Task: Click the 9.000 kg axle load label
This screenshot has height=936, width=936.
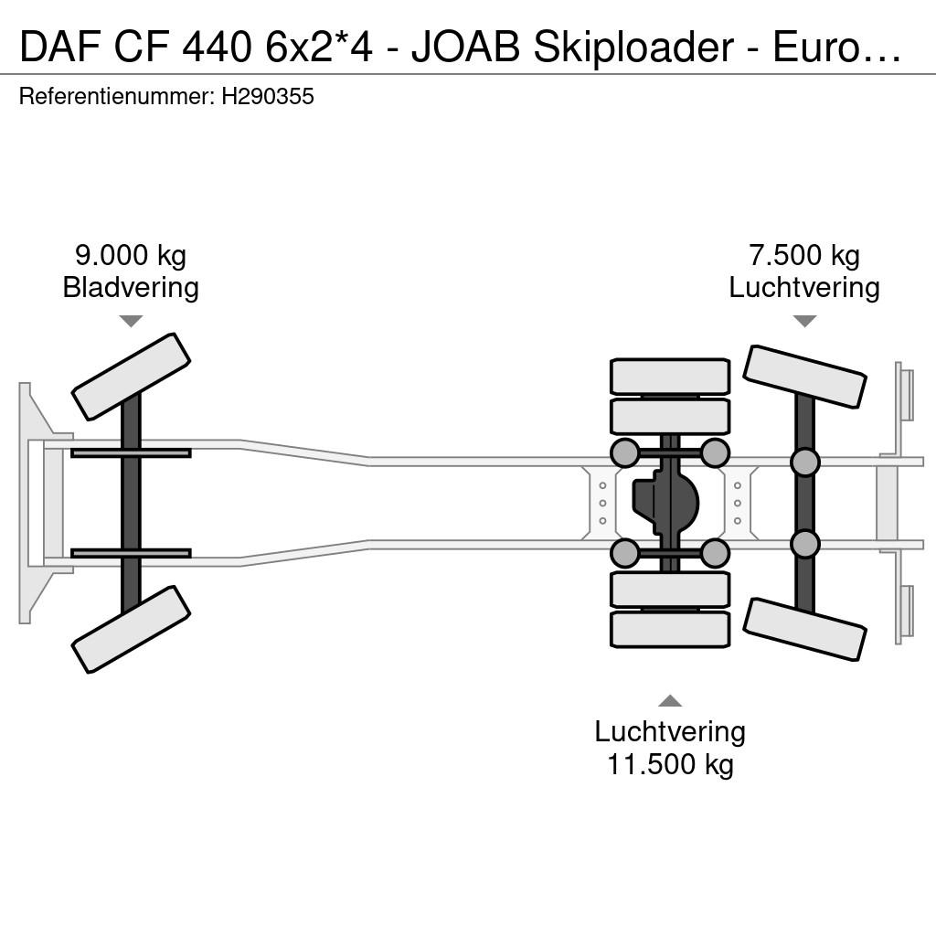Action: pyautogui.click(x=131, y=256)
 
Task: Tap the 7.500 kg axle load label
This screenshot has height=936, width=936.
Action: pyautogui.click(x=804, y=256)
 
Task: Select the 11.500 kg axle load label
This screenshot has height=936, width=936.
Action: pyautogui.click(x=670, y=764)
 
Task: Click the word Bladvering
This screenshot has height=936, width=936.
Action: pyautogui.click(x=131, y=287)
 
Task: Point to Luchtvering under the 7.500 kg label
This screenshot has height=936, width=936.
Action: pyautogui.click(x=804, y=287)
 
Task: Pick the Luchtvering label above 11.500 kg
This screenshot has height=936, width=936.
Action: pyautogui.click(x=670, y=732)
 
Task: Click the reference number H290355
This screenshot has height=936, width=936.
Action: pyautogui.click(x=268, y=97)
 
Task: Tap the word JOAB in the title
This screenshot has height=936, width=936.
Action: pyautogui.click(x=465, y=48)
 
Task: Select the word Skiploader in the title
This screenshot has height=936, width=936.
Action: pyautogui.click(x=633, y=48)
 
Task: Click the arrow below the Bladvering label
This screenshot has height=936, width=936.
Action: pyautogui.click(x=131, y=321)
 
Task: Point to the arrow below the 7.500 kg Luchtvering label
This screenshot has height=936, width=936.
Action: pyautogui.click(x=804, y=321)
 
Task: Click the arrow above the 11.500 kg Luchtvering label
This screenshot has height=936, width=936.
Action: pyautogui.click(x=670, y=701)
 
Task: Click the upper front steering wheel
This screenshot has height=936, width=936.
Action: pyautogui.click(x=131, y=377)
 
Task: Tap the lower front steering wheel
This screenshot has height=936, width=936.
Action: pyautogui.click(x=131, y=629)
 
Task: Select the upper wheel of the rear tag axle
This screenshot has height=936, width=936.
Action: pyautogui.click(x=804, y=377)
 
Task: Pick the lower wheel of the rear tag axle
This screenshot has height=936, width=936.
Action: pyautogui.click(x=804, y=630)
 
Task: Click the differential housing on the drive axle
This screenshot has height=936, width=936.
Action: pyautogui.click(x=665, y=503)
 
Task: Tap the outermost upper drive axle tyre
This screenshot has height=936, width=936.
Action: pyautogui.click(x=670, y=376)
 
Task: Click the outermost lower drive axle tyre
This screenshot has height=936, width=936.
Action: pyautogui.click(x=670, y=629)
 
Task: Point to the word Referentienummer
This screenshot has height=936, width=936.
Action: pyautogui.click(x=117, y=97)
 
